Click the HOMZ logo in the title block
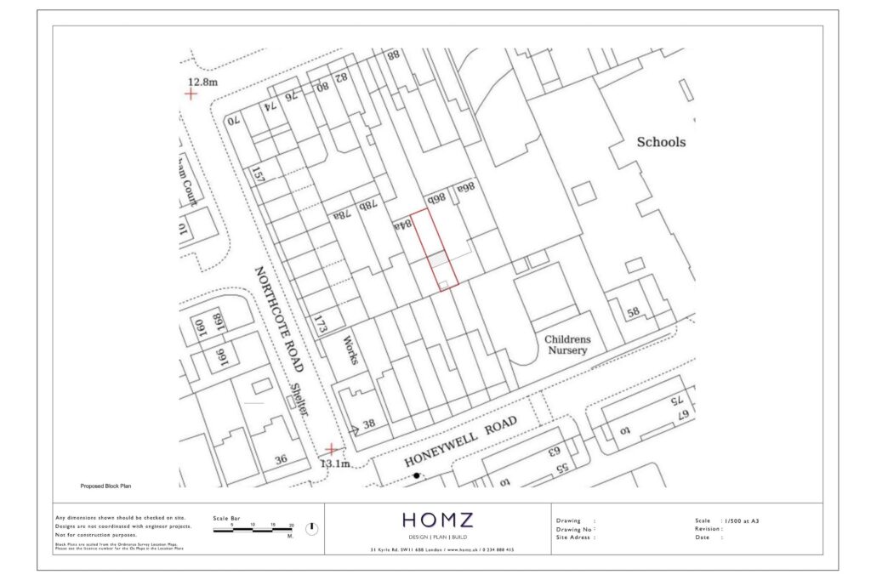[437, 520]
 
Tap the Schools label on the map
[661, 142]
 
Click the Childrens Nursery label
[567, 344]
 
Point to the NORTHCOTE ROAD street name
[279, 318]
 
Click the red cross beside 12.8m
[191, 94]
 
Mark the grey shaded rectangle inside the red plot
[436, 259]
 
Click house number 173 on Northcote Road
[321, 325]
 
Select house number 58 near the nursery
[633, 312]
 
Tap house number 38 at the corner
[368, 424]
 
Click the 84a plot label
[402, 225]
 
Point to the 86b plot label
[437, 197]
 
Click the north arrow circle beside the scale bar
[311, 528]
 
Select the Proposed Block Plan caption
[106, 486]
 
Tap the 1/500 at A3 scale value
[741, 520]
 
